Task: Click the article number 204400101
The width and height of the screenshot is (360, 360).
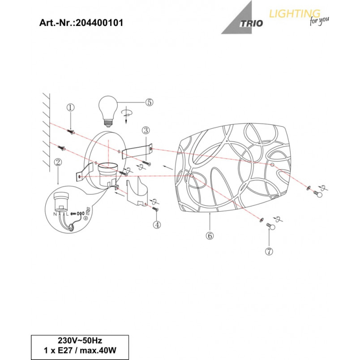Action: pyautogui.click(x=99, y=23)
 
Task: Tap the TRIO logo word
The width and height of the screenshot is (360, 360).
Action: pyautogui.click(x=251, y=23)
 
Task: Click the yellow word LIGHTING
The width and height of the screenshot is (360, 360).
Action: pyautogui.click(x=295, y=14)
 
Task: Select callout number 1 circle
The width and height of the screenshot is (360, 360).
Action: pyautogui.click(x=70, y=107)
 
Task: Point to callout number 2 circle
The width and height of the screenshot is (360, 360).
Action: pyautogui.click(x=58, y=163)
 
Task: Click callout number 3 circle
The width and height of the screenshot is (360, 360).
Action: pyautogui.click(x=146, y=130)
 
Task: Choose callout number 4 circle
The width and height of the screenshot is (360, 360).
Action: pyautogui.click(x=157, y=225)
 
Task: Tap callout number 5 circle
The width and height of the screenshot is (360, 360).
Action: pyautogui.click(x=149, y=102)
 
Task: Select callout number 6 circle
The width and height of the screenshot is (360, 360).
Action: pyautogui.click(x=210, y=236)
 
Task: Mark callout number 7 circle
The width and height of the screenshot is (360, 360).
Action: pyautogui.click(x=269, y=251)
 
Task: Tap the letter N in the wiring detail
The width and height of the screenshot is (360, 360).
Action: pyautogui.click(x=55, y=214)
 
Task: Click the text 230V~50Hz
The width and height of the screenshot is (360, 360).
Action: pyautogui.click(x=80, y=340)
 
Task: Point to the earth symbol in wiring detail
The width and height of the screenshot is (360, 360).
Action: pyautogui.click(x=86, y=218)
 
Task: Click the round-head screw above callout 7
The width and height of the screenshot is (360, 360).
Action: pyautogui.click(x=270, y=226)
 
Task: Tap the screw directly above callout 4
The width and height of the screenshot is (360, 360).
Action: pyautogui.click(x=155, y=209)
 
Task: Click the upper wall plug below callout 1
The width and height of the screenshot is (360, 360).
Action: pyautogui.click(x=71, y=132)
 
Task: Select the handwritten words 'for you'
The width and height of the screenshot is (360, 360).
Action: pyautogui.click(x=319, y=21)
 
